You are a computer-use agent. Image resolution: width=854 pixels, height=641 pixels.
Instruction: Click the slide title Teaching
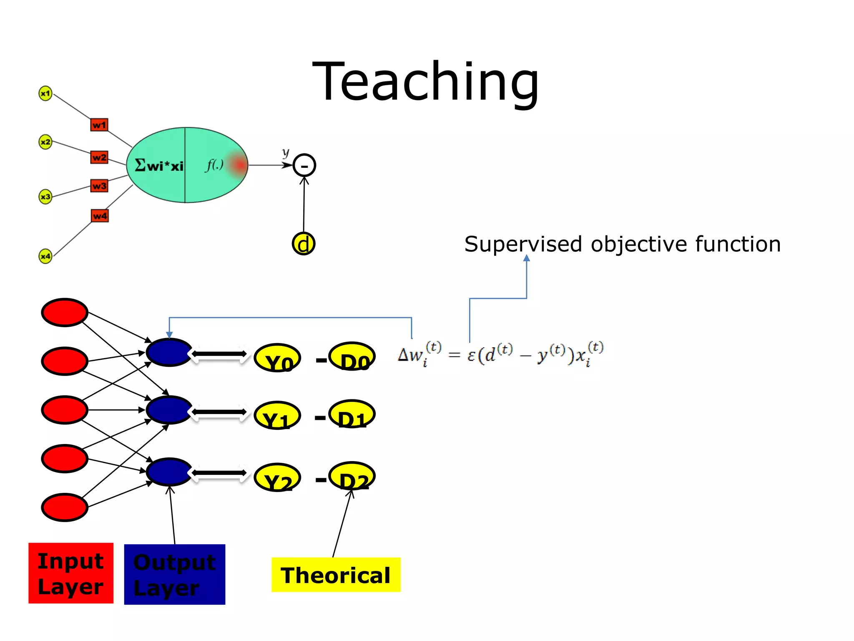(425, 81)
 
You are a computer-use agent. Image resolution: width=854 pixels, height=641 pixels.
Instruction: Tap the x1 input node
(45, 93)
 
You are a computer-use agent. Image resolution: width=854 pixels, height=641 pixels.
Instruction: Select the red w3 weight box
(99, 186)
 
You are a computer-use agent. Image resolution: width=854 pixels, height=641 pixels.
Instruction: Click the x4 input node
(45, 256)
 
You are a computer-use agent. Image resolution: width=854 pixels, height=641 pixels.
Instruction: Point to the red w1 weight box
(99, 125)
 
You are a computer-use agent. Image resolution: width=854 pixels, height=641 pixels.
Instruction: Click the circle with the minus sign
(304, 166)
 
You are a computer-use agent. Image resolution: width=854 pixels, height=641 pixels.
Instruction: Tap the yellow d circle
(304, 244)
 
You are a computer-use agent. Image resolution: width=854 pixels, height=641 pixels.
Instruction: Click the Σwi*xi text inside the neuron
(159, 166)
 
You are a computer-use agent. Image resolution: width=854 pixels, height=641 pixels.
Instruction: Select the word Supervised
(523, 244)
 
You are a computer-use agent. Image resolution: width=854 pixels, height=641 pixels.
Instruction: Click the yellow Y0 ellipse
(277, 358)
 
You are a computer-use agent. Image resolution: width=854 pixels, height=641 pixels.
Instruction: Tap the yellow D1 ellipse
(352, 414)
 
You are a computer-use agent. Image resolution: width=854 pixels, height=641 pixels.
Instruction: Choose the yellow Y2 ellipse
(277, 477)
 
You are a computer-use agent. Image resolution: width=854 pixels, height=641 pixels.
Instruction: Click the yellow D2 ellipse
(352, 476)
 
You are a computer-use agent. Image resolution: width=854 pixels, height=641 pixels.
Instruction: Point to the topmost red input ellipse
(65, 312)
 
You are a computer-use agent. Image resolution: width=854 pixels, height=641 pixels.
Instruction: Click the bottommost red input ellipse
(65, 507)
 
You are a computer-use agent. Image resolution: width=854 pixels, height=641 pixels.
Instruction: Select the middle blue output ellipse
(169, 410)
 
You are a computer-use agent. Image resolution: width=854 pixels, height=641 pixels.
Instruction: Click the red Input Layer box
(71, 573)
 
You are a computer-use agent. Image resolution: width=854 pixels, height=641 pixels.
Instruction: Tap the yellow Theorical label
(336, 575)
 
